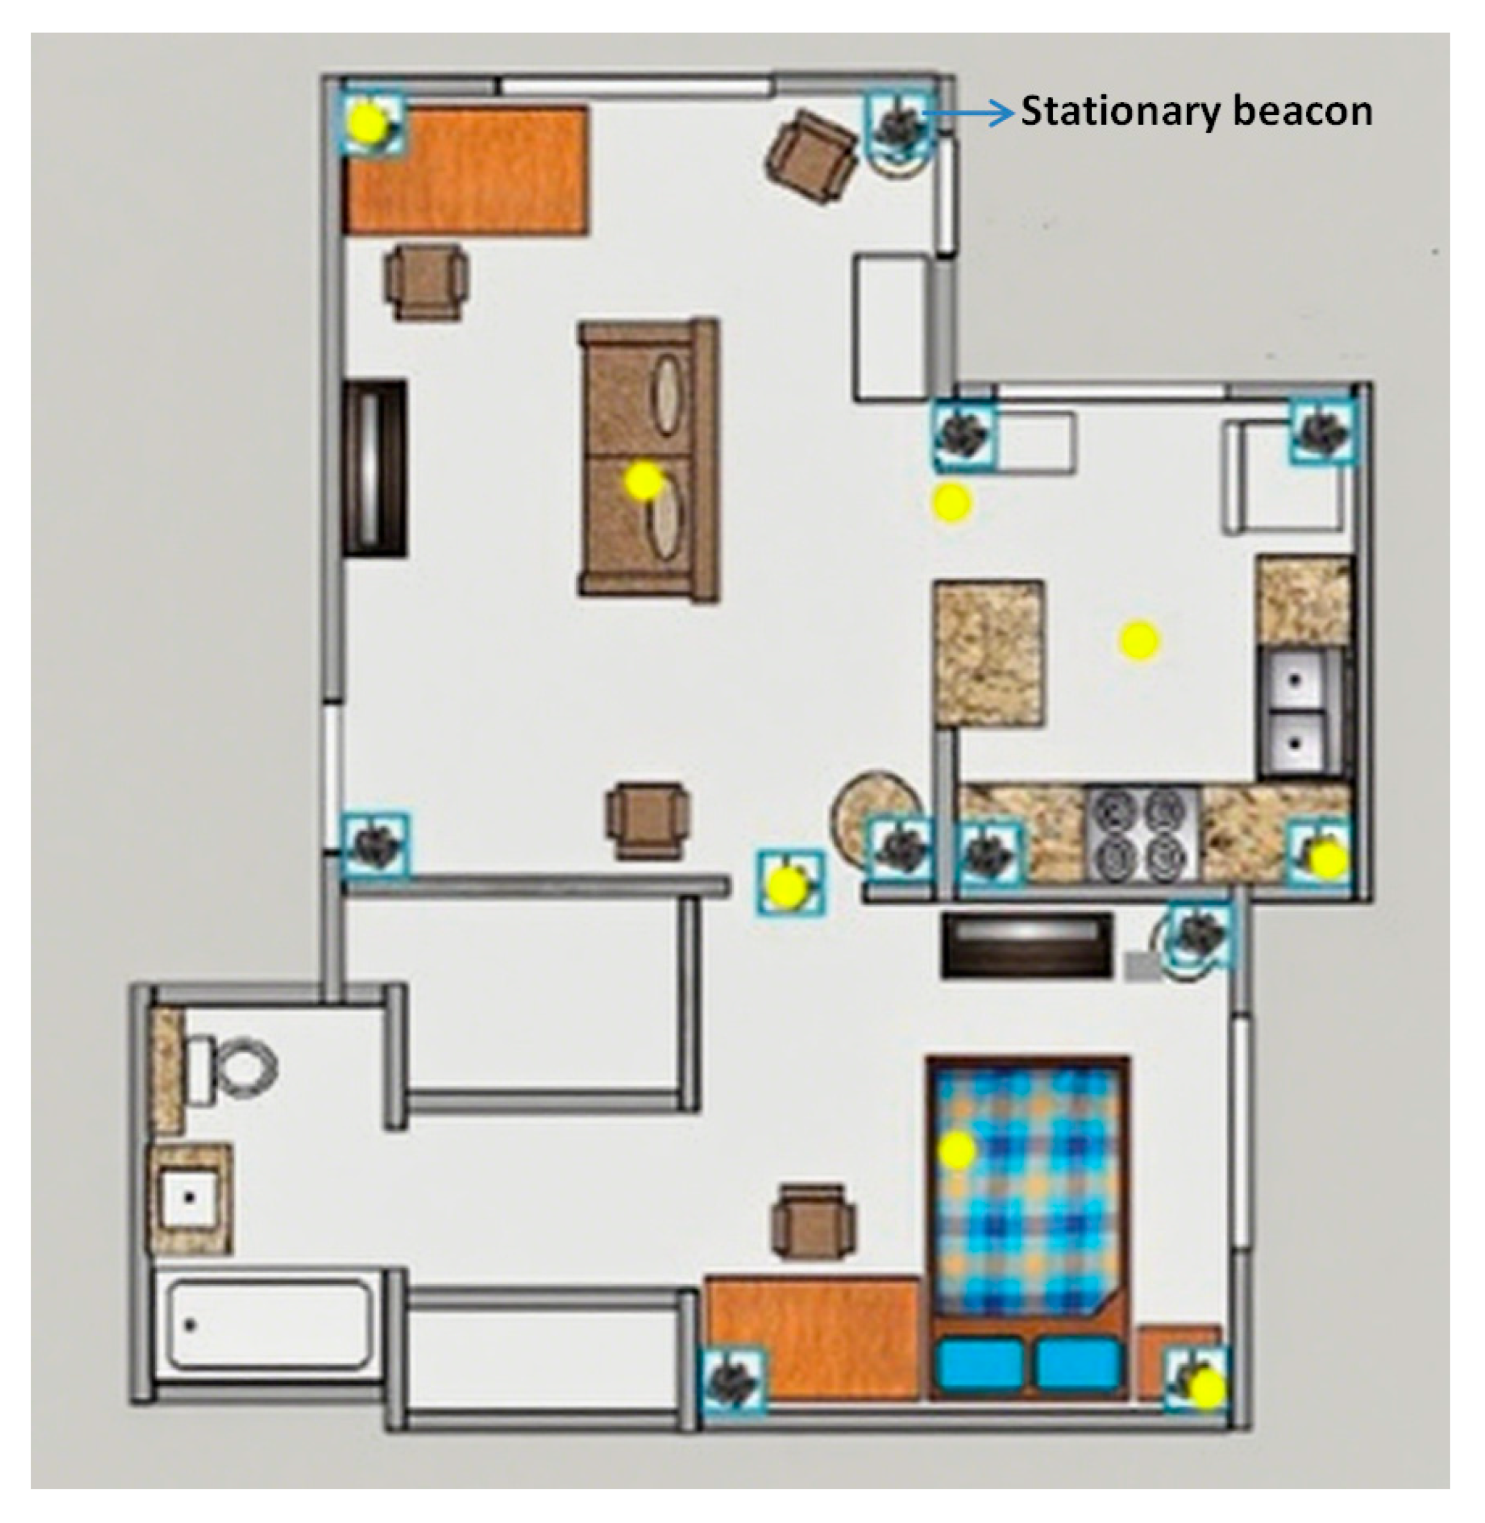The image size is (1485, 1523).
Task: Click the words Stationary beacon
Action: pos(1196,112)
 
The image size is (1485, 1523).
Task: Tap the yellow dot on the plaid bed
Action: pos(957,1150)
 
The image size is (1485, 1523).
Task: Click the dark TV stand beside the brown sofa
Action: pos(374,468)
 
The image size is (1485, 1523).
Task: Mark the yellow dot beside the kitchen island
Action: pos(1139,640)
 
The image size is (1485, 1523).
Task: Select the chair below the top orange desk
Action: pos(426,282)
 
